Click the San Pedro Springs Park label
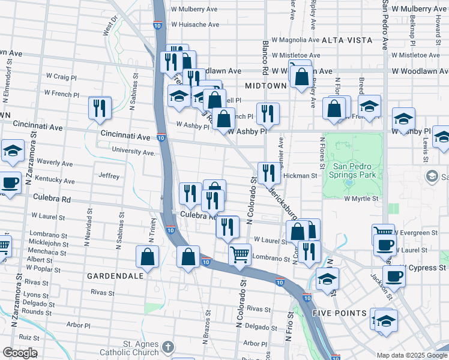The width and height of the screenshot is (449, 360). click(x=354, y=170)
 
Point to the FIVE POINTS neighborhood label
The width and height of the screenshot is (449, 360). click(x=339, y=313)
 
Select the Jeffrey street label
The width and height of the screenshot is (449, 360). click(x=109, y=176)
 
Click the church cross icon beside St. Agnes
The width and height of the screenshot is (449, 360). click(x=168, y=347)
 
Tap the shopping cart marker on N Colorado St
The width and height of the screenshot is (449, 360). click(x=240, y=254)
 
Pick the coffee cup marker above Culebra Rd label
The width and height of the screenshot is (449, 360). click(x=10, y=182)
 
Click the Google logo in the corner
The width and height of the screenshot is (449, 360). click(x=19, y=353)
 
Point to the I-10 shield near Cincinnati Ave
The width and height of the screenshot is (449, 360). click(x=161, y=137)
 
